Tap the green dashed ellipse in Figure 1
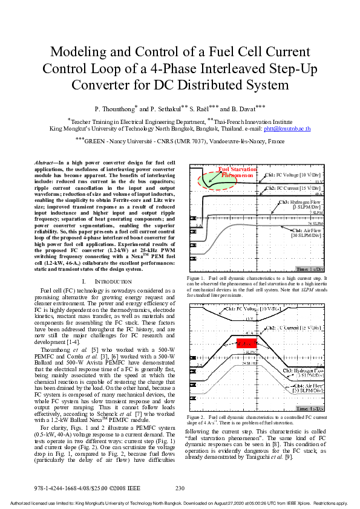209,178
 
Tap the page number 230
180,488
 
